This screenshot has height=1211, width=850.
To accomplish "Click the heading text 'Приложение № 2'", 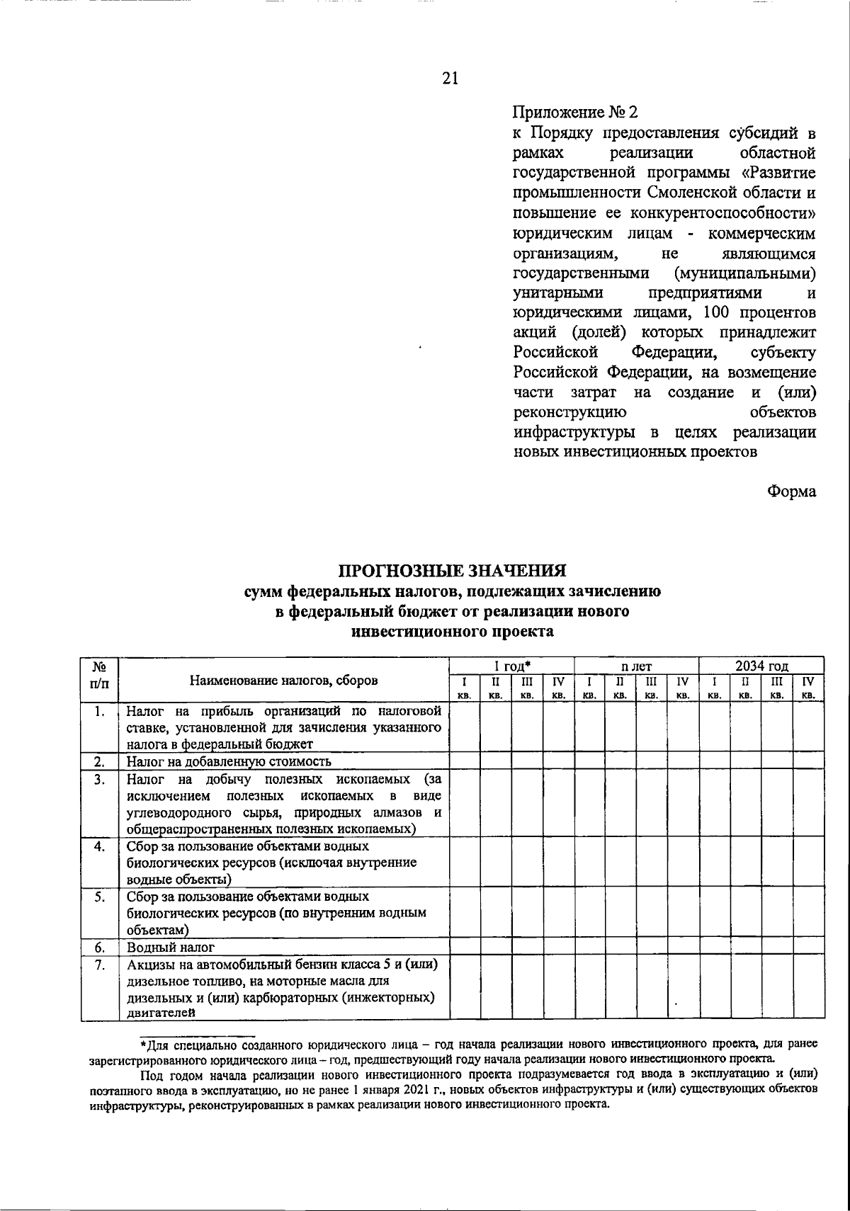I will tap(575, 112).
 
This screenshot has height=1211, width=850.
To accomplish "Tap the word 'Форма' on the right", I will tap(792, 491).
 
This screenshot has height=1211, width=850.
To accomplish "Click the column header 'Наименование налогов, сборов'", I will tap(283, 681).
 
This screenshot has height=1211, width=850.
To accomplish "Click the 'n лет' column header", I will tap(636, 666).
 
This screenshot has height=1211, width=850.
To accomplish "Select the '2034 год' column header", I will tap(761, 666).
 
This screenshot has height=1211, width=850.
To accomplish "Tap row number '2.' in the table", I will tap(100, 762).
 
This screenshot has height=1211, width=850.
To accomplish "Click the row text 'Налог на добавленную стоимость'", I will tap(229, 762).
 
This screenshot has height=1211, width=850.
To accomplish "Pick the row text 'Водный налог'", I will tap(171, 947).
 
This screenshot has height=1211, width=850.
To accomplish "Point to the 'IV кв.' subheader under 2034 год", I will tap(808, 688).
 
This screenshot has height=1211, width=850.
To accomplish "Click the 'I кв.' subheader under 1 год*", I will tap(465, 688).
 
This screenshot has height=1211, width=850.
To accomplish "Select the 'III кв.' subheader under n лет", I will tap(652, 688).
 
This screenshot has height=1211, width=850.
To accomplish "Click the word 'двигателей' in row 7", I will tap(161, 1013).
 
